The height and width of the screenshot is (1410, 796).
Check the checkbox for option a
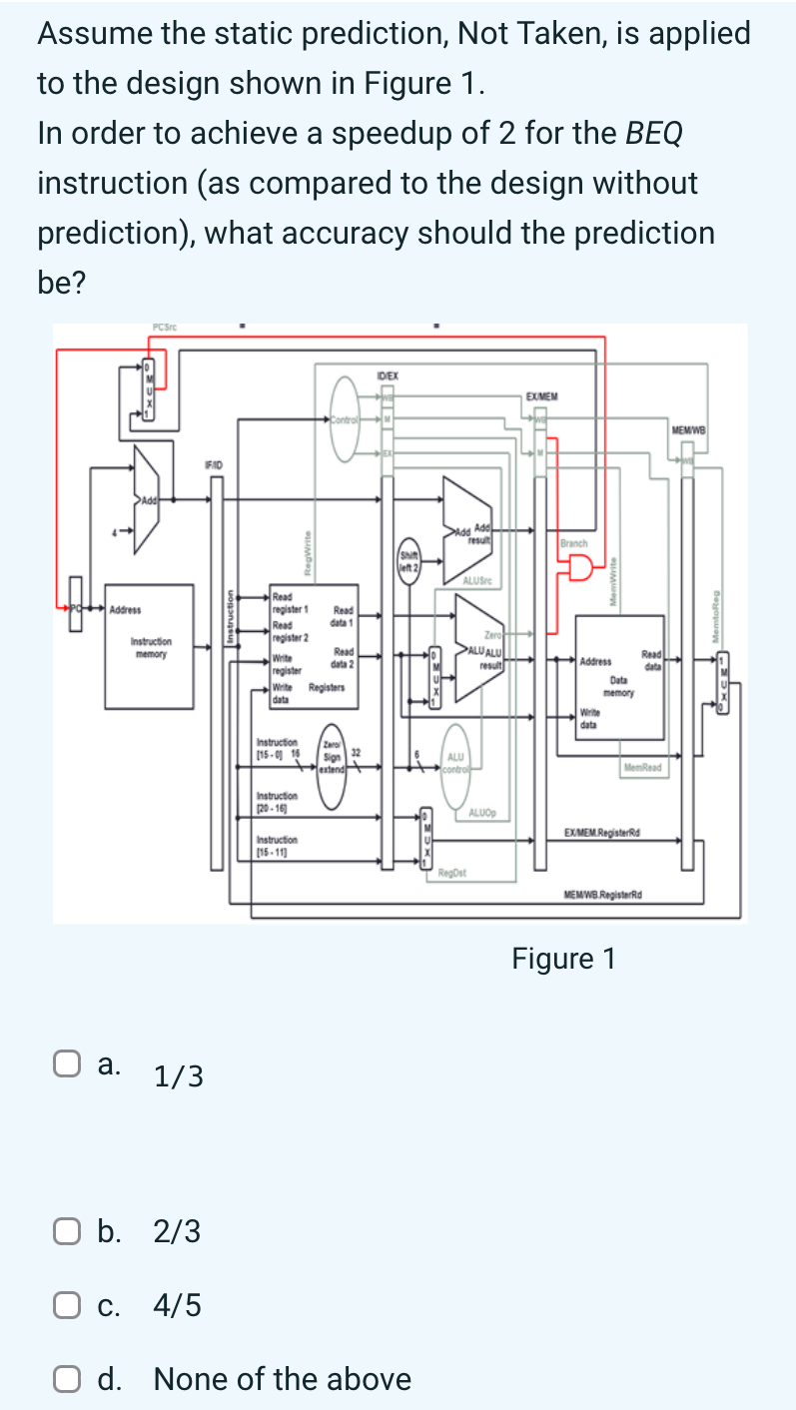66,1065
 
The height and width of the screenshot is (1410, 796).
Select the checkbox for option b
66,1232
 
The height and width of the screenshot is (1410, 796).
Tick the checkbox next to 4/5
66,1305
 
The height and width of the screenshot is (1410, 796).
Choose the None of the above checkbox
66,1379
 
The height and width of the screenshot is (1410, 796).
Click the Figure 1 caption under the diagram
563,959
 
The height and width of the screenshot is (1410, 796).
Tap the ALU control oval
455,764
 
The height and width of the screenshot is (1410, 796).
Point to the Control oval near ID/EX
346,423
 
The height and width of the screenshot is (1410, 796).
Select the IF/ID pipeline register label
213,464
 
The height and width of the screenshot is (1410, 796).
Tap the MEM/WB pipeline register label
688,429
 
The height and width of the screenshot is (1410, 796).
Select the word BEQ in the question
654,133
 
